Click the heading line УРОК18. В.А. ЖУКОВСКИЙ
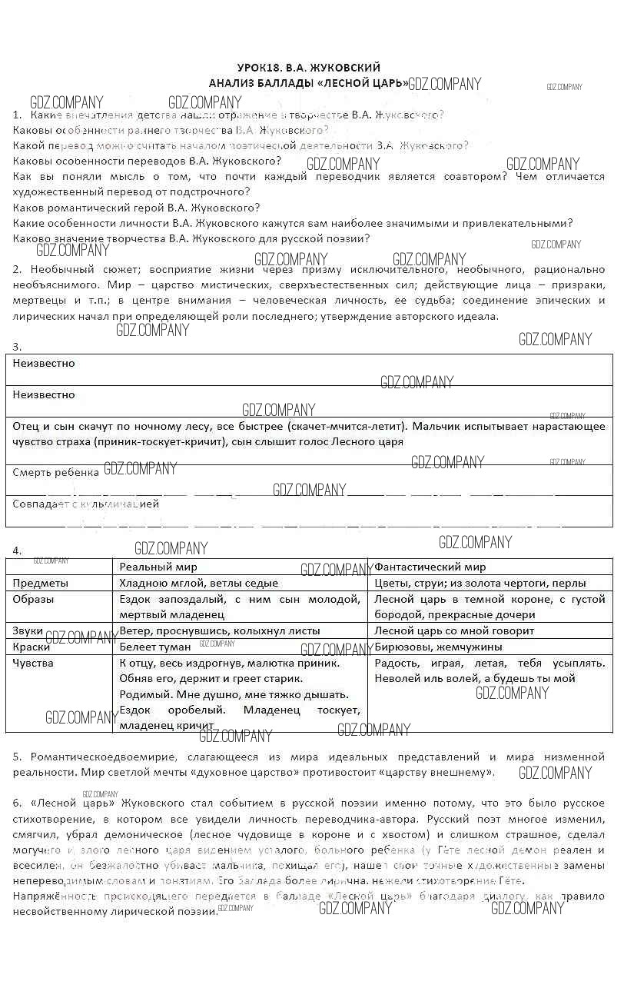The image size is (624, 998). pos(308,68)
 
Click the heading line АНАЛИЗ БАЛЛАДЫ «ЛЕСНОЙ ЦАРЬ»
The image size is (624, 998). pos(308,82)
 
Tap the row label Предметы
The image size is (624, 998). pos(41,583)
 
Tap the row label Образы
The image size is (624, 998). pos(34,599)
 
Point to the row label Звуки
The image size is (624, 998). pos(28,630)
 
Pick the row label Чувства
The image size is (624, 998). pos(33,663)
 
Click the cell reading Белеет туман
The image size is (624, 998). pos(155,647)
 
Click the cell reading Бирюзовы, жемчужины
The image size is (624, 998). pos(438,647)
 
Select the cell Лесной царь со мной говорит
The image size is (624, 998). pos(454,630)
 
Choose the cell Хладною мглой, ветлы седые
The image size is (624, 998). pos(198,583)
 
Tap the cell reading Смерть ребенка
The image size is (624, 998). pos(55,472)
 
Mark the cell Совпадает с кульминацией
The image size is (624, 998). pos(86,504)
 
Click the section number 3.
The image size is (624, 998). pos(17,347)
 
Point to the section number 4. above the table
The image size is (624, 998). pos(17,551)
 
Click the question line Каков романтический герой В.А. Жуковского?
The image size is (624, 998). pos(137,208)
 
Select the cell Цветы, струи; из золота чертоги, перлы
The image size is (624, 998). pos(480,583)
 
